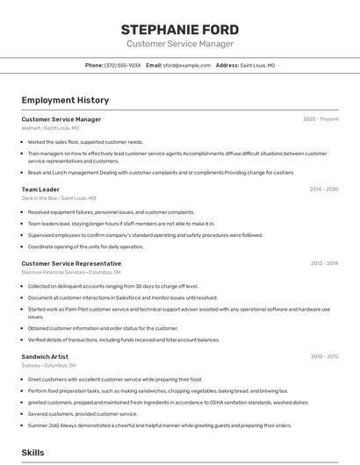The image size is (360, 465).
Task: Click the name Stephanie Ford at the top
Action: point(179,30)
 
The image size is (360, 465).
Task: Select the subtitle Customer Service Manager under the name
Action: point(179,44)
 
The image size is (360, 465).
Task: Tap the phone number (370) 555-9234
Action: point(122,65)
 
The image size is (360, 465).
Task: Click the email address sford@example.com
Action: point(184,65)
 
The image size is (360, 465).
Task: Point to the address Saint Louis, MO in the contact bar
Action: point(257,65)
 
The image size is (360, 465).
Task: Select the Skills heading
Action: point(32,452)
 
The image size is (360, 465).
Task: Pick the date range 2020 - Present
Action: point(320,119)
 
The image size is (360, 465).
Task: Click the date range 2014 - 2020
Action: point(324,190)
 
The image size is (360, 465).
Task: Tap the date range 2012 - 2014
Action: point(324,263)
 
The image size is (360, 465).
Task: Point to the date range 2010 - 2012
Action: point(324,356)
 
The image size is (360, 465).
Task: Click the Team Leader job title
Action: point(40,190)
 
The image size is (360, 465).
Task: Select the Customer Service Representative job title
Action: point(71,263)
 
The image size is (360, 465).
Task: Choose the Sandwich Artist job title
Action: point(45,356)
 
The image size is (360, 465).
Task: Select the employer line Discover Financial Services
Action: point(70,272)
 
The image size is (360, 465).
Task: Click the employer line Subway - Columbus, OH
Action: point(48,365)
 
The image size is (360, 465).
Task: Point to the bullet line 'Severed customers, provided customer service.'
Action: point(83,413)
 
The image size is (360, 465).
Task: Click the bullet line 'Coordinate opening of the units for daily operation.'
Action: point(85,247)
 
